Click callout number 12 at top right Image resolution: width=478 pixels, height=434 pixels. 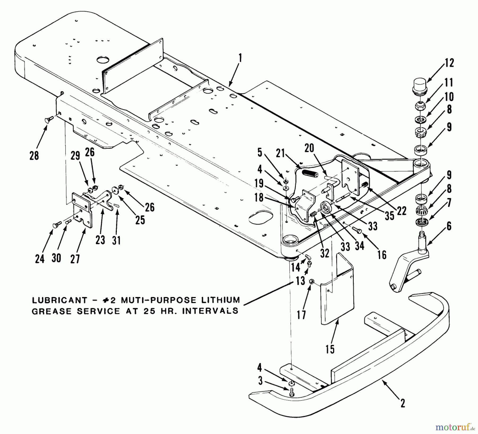(449, 63)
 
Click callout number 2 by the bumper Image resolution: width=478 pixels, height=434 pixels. (403, 404)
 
